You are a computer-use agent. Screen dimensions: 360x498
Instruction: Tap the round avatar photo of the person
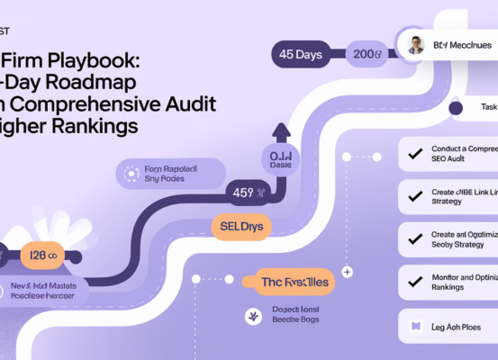(414, 46)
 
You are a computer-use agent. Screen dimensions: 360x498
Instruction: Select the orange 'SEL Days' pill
(241, 226)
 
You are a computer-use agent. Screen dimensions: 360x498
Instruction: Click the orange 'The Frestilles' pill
(294, 282)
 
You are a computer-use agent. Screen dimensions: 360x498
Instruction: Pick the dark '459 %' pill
(249, 192)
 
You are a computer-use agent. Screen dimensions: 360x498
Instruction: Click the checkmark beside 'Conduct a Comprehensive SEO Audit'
(415, 153)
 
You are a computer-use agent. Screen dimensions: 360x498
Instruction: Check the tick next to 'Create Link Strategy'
(415, 194)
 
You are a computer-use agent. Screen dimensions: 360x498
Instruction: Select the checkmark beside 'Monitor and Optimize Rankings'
(415, 282)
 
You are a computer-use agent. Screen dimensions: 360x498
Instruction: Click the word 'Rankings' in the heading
(96, 126)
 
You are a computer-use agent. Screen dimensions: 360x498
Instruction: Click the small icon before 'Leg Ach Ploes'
(415, 326)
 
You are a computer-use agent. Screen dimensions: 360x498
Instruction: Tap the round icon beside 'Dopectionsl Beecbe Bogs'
(251, 316)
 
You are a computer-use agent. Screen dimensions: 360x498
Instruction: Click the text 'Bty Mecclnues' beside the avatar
(462, 45)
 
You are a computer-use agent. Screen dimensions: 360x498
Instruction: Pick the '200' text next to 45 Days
(367, 54)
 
